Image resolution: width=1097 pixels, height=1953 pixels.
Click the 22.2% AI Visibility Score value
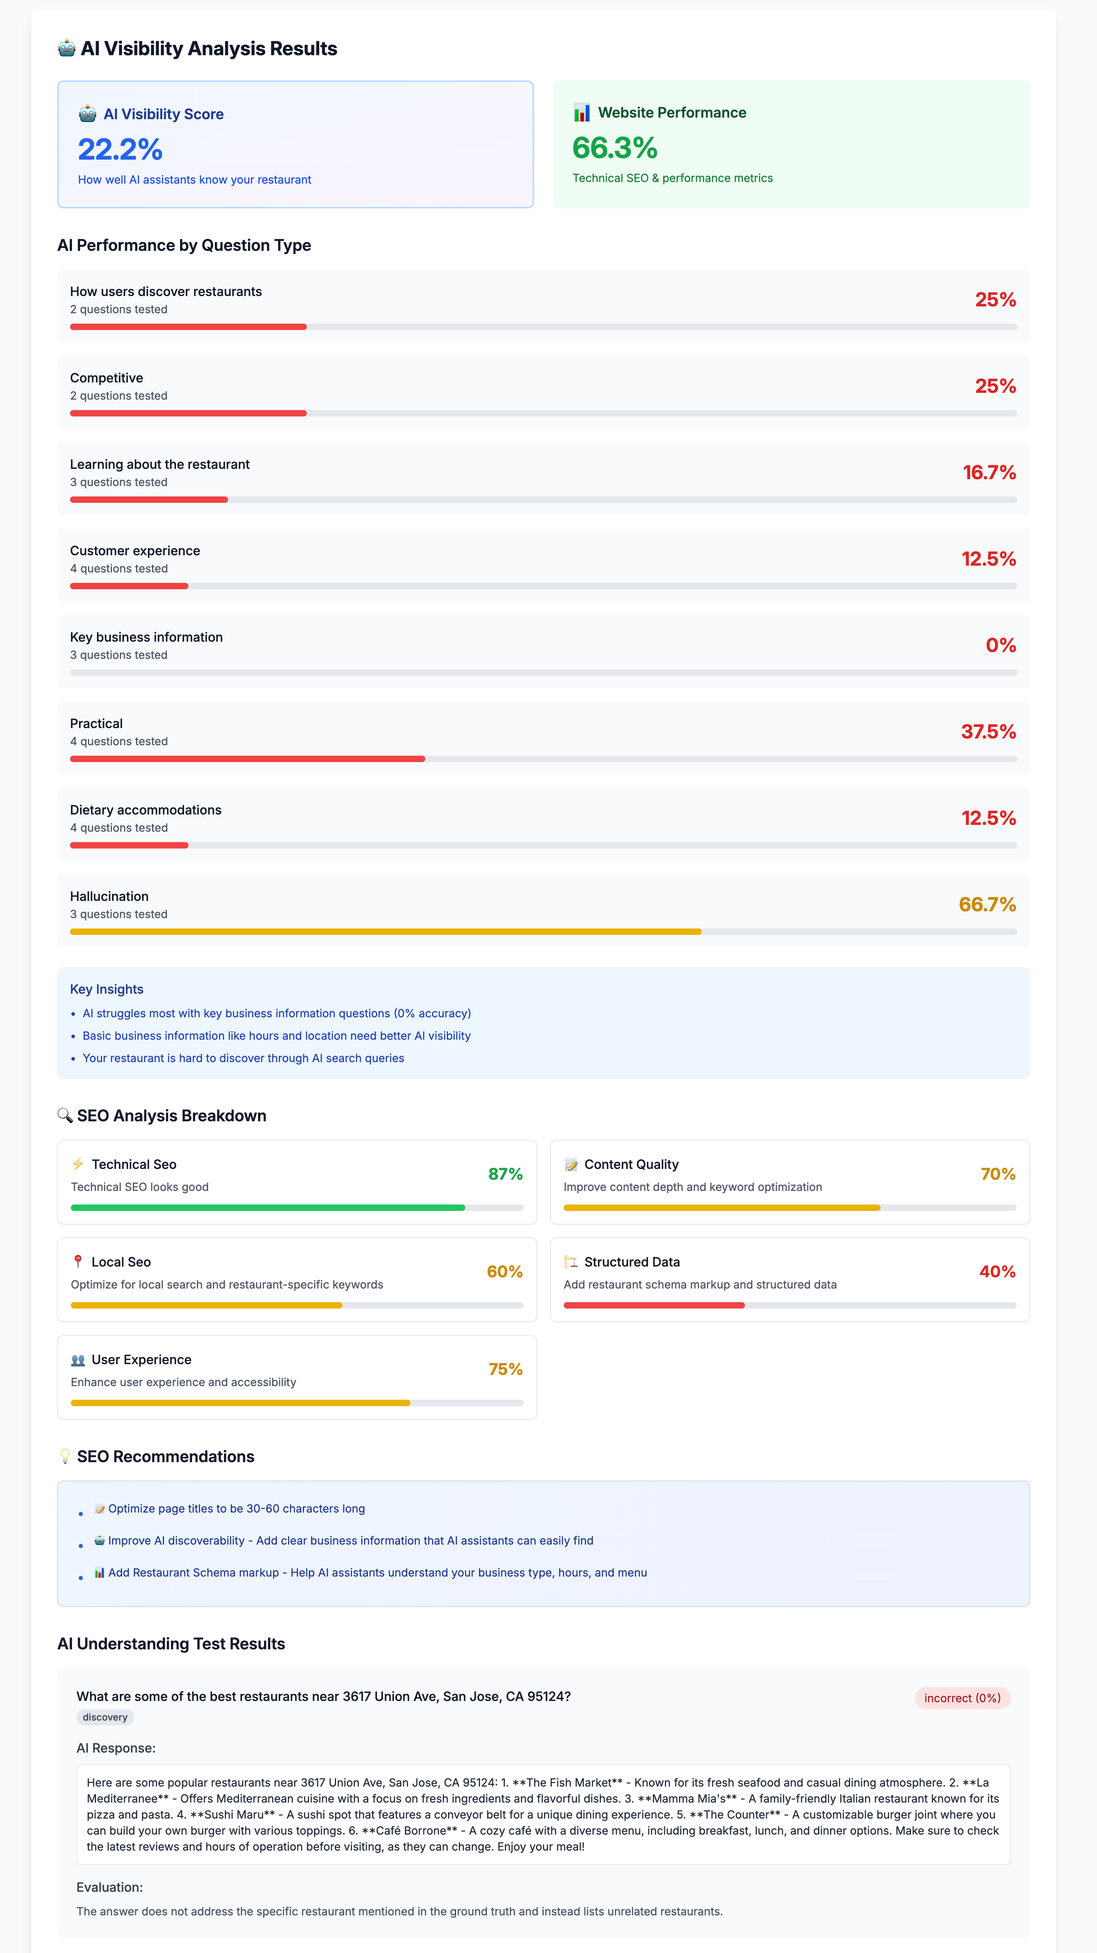click(x=120, y=149)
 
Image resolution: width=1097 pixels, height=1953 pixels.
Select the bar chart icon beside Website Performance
click(x=581, y=113)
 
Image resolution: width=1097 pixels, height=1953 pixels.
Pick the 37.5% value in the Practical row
click(x=988, y=732)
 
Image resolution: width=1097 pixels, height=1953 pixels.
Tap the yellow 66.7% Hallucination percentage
click(x=987, y=904)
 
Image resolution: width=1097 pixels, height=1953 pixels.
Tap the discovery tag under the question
click(x=105, y=1717)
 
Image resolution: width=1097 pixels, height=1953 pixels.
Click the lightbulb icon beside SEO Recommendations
click(x=65, y=1457)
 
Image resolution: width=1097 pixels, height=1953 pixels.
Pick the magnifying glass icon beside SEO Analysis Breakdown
click(x=65, y=1115)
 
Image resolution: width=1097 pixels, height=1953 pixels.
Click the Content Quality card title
click(x=631, y=1165)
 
